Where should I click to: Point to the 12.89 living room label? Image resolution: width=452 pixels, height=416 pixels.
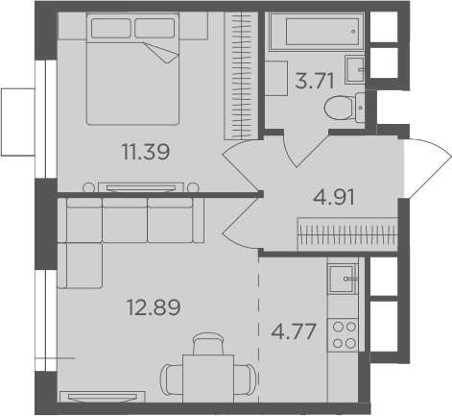[x=153, y=307]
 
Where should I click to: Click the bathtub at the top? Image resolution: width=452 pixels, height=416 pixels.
[x=313, y=37]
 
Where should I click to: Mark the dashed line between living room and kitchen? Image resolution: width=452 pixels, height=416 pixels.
[x=260, y=327]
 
